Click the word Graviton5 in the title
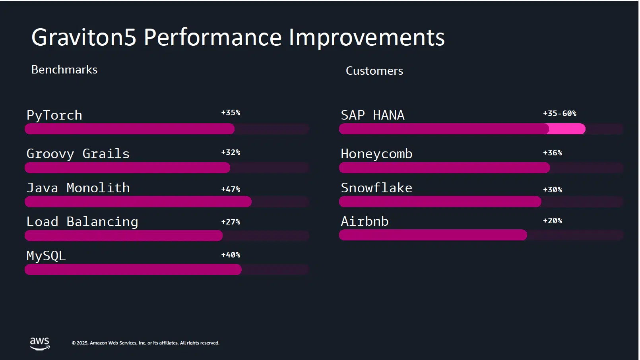(84, 37)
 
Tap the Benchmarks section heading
(64, 70)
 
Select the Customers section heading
(374, 71)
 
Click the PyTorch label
(54, 115)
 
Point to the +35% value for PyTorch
(231, 113)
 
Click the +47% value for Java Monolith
(231, 190)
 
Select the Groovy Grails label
(78, 154)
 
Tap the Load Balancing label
(82, 222)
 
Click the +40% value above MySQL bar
(231, 255)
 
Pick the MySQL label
(46, 255)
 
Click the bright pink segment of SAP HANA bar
(567, 129)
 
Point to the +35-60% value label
(559, 114)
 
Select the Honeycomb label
(376, 154)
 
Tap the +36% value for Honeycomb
(552, 153)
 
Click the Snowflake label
(376, 188)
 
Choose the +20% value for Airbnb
(552, 221)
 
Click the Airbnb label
(365, 221)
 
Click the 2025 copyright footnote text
(145, 343)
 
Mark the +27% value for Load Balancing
(231, 222)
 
